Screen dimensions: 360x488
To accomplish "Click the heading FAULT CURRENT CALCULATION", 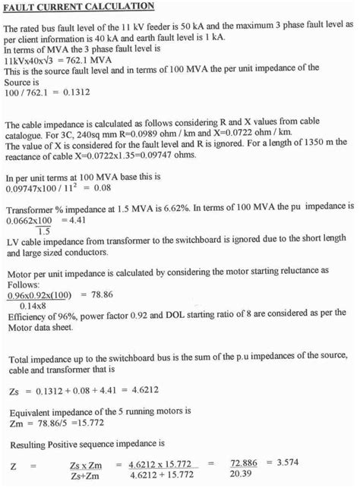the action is click(79, 7).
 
